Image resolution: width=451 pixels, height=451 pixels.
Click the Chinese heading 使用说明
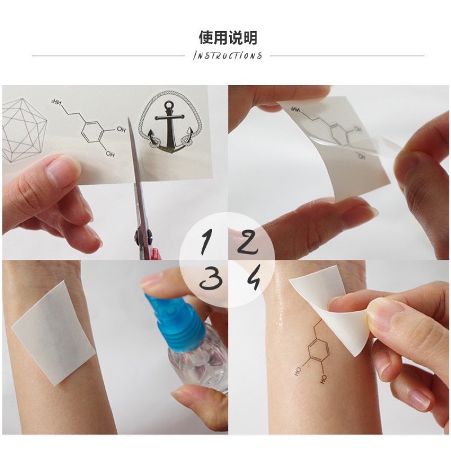click(228, 37)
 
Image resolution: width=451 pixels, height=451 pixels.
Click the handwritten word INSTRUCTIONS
click(228, 55)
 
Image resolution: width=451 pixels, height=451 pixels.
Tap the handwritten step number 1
click(206, 242)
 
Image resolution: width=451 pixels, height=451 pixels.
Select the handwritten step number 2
click(247, 242)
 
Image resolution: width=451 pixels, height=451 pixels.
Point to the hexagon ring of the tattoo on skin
click(318, 352)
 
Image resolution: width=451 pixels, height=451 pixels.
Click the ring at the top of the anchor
click(169, 104)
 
